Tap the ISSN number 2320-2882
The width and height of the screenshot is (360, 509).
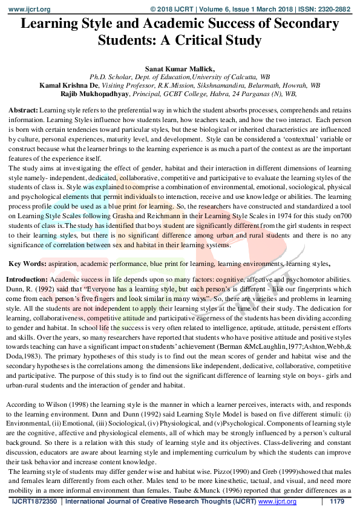(335, 10)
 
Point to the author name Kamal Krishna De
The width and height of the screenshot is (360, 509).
(67, 86)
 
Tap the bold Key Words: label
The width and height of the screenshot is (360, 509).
(27, 264)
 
